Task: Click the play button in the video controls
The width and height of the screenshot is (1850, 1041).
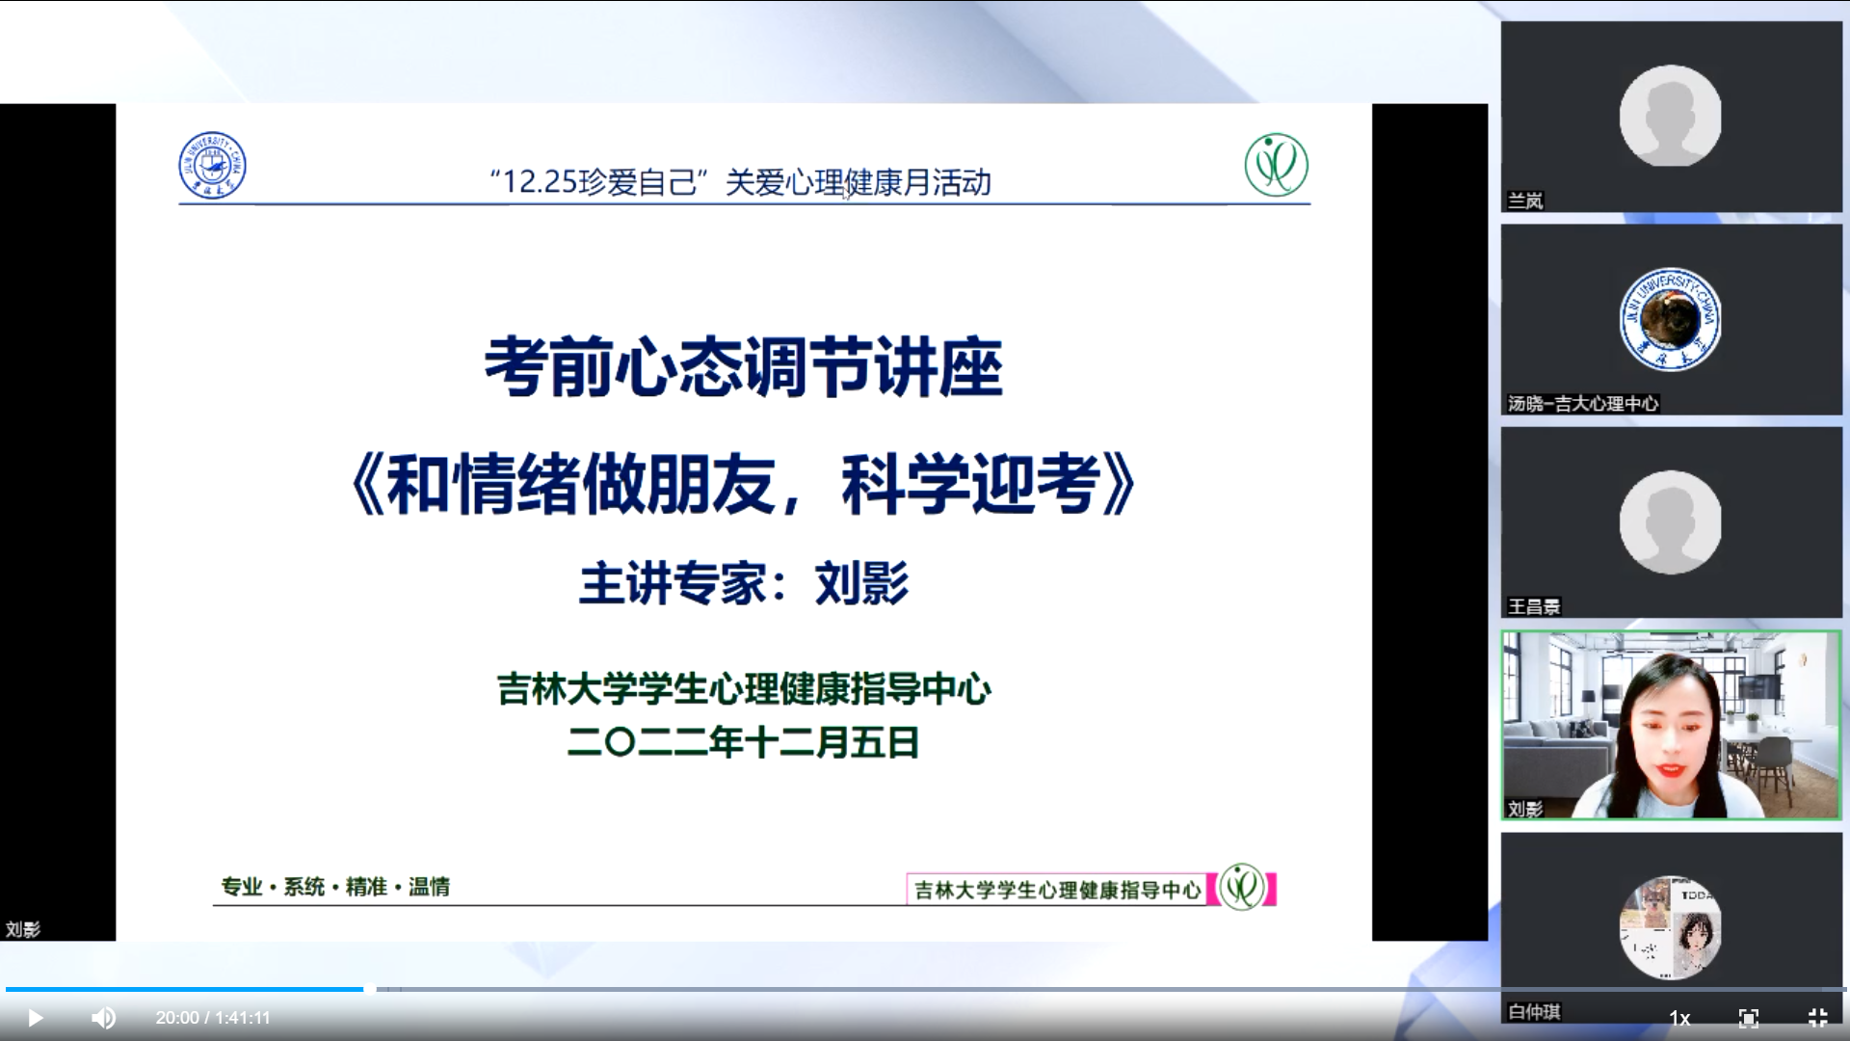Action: [35, 1018]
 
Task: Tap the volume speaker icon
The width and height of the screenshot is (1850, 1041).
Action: [103, 1018]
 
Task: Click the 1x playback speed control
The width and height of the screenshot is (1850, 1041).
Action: [1679, 1018]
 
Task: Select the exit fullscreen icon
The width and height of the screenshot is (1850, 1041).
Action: [1817, 1018]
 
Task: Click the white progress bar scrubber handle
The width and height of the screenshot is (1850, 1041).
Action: [370, 989]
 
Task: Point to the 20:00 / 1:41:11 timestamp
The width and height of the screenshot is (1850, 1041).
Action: [213, 1018]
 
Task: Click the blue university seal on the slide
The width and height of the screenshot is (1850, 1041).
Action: [212, 166]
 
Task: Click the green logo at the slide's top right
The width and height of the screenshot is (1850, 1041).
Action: [1276, 165]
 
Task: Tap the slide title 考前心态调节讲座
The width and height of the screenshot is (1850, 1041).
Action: [744, 367]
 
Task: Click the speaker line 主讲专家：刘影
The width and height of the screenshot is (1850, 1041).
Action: [744, 583]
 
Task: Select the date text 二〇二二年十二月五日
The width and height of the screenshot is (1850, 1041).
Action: [744, 742]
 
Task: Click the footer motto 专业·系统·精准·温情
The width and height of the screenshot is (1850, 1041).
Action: [335, 887]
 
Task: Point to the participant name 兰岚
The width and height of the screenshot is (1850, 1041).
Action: [1525, 200]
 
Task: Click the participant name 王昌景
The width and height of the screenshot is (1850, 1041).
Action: [1534, 606]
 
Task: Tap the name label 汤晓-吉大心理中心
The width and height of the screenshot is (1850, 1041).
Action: [1583, 404]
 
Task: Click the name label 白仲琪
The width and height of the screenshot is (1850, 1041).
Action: [1534, 1011]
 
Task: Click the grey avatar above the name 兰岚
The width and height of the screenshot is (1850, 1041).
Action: [1671, 116]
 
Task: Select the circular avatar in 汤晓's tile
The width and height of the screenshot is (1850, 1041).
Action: [1671, 319]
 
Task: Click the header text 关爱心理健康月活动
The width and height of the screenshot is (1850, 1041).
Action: [858, 181]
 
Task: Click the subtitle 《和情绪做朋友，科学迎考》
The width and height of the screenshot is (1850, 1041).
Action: [744, 484]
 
